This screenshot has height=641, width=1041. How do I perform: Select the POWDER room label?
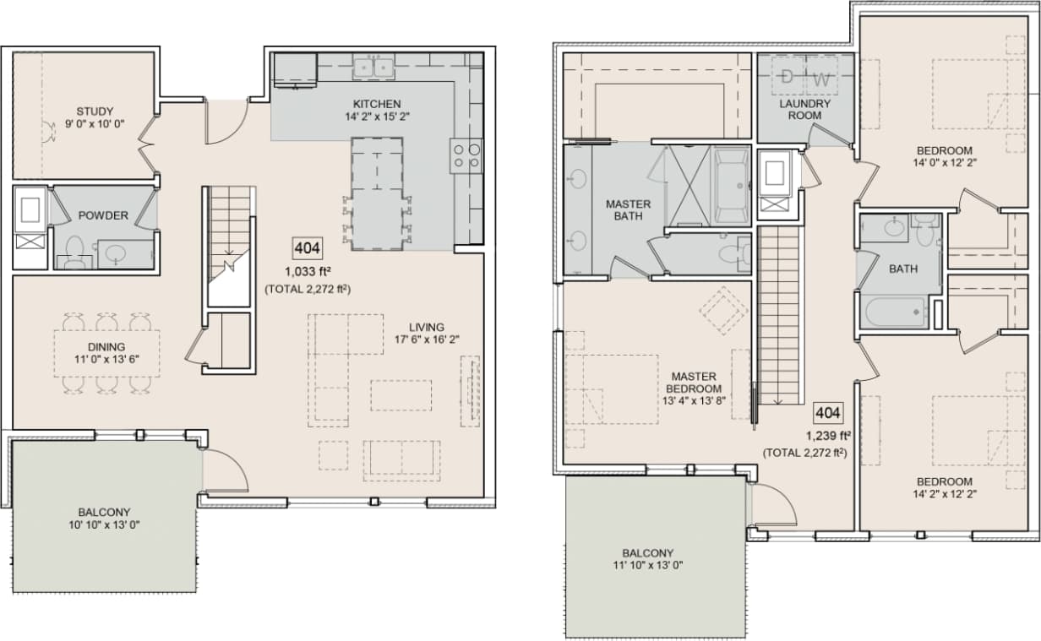pos(103,215)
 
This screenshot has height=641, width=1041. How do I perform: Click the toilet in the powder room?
pos(74,251)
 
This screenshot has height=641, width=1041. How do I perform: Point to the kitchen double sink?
pos(373,67)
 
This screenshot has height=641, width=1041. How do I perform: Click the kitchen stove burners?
pos(466,155)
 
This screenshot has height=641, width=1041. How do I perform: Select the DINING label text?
pos(105,346)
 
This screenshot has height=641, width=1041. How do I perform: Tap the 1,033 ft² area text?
pos(308,272)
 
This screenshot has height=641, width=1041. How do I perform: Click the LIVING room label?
pos(427,327)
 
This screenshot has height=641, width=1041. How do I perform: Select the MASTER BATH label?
pos(628,210)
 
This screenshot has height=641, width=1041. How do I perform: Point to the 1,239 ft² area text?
pos(827,436)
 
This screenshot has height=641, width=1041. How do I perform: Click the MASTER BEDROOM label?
pos(694,383)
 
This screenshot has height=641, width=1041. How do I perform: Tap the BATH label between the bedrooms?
pos(903,269)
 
